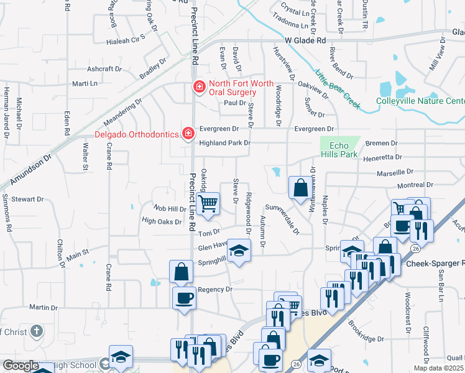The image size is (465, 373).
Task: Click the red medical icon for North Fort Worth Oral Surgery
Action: pyautogui.click(x=199, y=88)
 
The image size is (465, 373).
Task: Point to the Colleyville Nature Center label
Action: pyautogui.click(x=420, y=101)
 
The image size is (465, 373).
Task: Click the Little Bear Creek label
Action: pyautogui.click(x=338, y=88)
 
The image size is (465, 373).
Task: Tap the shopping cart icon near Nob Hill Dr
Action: pyautogui.click(x=208, y=202)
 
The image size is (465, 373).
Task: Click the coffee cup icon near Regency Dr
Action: pyautogui.click(x=183, y=298)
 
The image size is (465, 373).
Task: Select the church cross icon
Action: pyautogui.click(x=37, y=331)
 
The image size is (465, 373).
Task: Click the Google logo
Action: pyautogui.click(x=21, y=366)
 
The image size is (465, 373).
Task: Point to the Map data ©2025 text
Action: pyautogui.click(x=438, y=368)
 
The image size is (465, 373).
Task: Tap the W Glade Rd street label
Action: pyautogui.click(x=306, y=40)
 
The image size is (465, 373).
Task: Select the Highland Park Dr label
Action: pyautogui.click(x=224, y=143)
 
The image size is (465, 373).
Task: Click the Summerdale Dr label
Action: pyautogui.click(x=282, y=219)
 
